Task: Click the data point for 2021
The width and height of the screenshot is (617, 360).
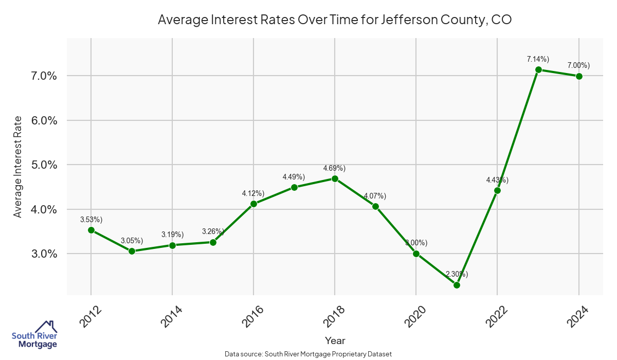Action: click(x=457, y=285)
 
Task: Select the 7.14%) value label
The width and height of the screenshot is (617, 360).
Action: click(x=538, y=60)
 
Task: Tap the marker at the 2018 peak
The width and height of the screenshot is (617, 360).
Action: click(x=335, y=178)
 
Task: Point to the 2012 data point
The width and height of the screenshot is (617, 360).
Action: click(x=91, y=230)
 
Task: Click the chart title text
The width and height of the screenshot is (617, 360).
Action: click(x=335, y=20)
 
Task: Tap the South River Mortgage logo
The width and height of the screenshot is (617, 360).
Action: click(x=34, y=334)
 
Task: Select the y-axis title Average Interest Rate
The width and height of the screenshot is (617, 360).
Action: click(x=18, y=167)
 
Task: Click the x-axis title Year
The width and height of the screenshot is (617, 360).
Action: click(x=335, y=340)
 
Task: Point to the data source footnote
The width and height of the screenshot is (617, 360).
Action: click(x=308, y=354)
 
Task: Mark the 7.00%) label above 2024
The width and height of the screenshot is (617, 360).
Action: click(x=578, y=65)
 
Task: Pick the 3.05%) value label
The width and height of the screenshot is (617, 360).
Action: click(x=132, y=241)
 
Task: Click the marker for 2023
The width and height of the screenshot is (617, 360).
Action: click(x=538, y=69)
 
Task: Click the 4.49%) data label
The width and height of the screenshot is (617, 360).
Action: click(x=294, y=177)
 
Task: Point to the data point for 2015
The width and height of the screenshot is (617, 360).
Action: click(x=213, y=242)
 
